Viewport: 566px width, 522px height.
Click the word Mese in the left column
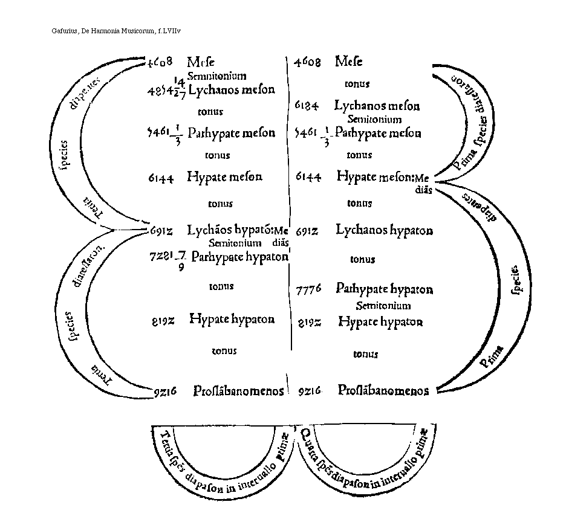(x=201, y=62)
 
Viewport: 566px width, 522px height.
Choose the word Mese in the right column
(x=349, y=62)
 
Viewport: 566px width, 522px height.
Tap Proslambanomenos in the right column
(x=383, y=390)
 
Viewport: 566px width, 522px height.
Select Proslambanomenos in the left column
(x=239, y=391)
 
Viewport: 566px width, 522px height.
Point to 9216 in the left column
(x=164, y=391)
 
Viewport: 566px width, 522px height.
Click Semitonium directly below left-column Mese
(x=216, y=76)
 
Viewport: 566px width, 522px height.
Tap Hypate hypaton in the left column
(x=232, y=319)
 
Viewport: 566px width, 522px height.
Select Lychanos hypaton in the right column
(x=385, y=230)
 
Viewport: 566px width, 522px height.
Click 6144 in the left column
(x=161, y=178)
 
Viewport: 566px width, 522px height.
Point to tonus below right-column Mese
(x=357, y=84)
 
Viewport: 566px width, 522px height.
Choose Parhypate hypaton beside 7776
(x=385, y=289)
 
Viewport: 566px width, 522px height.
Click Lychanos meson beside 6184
(x=377, y=106)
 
